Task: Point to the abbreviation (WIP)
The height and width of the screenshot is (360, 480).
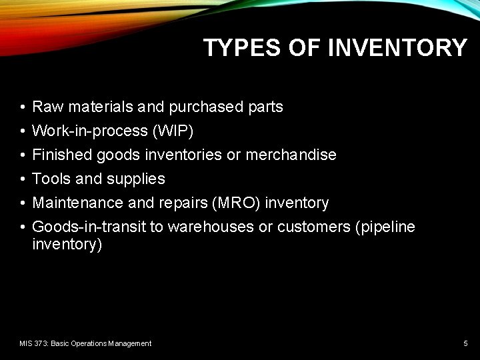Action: (173, 131)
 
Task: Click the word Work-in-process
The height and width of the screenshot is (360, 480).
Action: (90, 131)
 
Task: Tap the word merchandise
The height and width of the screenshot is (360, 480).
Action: (291, 155)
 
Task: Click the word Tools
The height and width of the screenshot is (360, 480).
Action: (51, 179)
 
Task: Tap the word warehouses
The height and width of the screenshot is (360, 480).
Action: (211, 227)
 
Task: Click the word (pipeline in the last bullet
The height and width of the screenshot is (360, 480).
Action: (386, 227)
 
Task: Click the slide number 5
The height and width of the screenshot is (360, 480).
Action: (465, 343)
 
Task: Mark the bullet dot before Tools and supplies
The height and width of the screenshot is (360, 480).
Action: (23, 179)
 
